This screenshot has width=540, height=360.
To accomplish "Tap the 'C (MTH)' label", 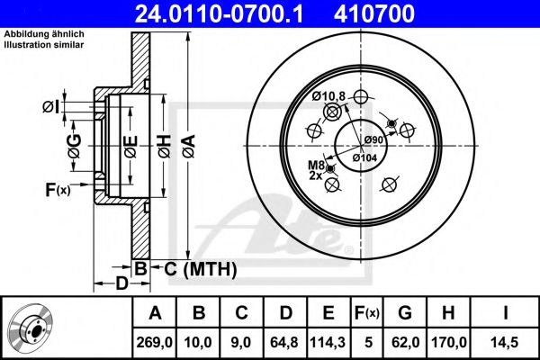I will [x=193, y=268].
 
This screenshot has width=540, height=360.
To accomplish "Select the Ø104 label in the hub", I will [x=364, y=157].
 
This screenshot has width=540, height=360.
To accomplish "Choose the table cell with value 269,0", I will [x=155, y=342].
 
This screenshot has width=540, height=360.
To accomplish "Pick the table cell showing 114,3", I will [x=328, y=342].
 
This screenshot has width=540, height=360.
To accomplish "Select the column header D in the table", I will [x=284, y=314].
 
